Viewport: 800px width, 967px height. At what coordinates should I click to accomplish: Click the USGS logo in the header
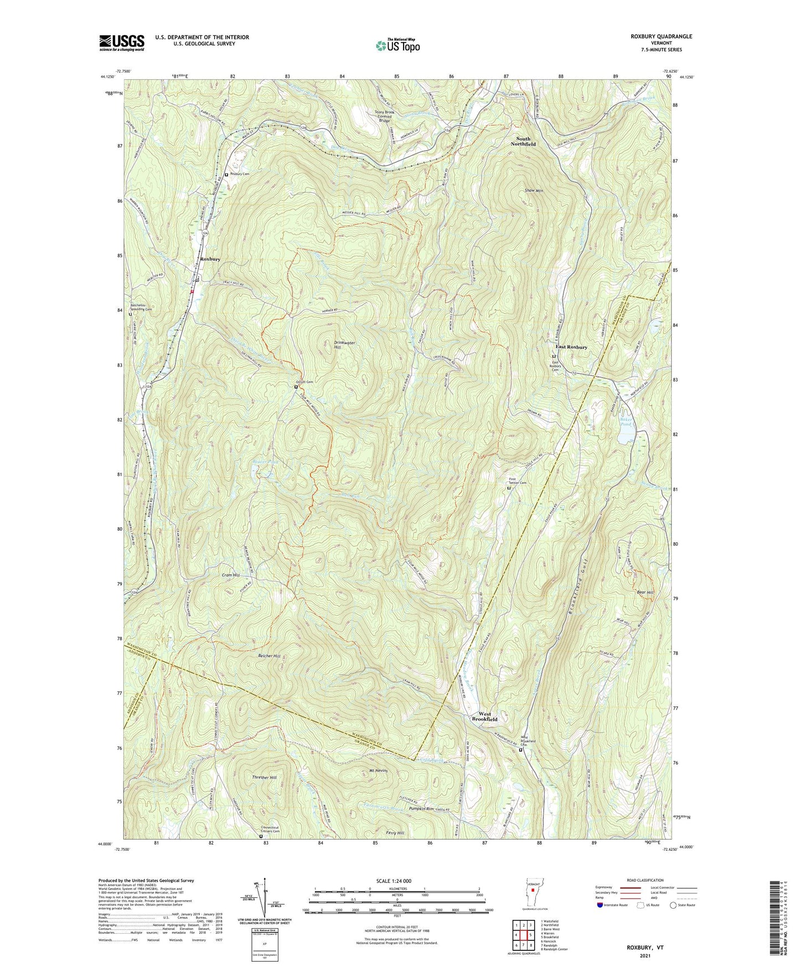pos(121,42)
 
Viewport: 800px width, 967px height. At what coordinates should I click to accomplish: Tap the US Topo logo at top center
pos(397,45)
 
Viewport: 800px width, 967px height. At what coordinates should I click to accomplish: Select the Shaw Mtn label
pos(534,191)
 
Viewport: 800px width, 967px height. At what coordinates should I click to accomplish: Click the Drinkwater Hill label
pos(344,345)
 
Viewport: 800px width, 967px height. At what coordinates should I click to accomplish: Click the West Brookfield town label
pos(484,717)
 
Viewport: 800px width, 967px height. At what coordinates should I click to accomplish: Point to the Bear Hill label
pos(646,593)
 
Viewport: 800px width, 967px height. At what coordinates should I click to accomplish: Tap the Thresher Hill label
pos(262,778)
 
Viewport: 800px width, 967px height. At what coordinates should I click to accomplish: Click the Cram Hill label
pos(230,575)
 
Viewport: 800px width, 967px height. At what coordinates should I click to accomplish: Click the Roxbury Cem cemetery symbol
pos(226,174)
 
